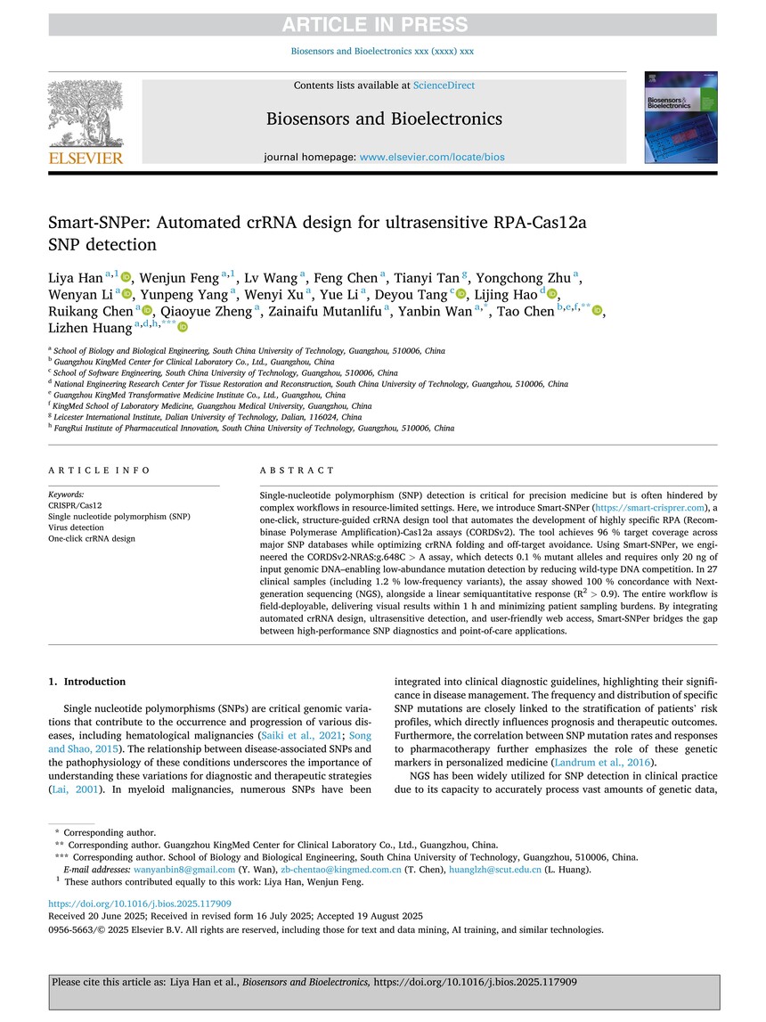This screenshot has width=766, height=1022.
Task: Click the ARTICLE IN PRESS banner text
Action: pos(382,24)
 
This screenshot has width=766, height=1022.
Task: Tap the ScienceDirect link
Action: pos(444,86)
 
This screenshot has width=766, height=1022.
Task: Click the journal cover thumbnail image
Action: pos(680,119)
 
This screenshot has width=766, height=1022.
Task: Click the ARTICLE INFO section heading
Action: pos(99,470)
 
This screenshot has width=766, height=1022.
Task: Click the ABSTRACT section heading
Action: pos(297,470)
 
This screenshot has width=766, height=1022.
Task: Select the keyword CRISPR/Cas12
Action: pos(69,505)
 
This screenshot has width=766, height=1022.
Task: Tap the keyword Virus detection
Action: pos(76,527)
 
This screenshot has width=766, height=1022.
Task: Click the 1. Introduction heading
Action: pos(86,683)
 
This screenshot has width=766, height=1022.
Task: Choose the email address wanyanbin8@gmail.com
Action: pos(175,870)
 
